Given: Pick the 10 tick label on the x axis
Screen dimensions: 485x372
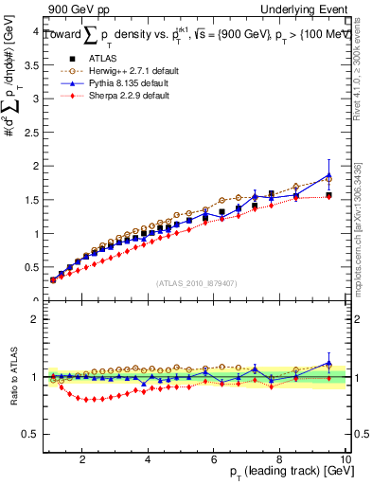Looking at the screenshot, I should coord(345,459).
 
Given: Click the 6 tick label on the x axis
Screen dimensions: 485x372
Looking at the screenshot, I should coord(214,459).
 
